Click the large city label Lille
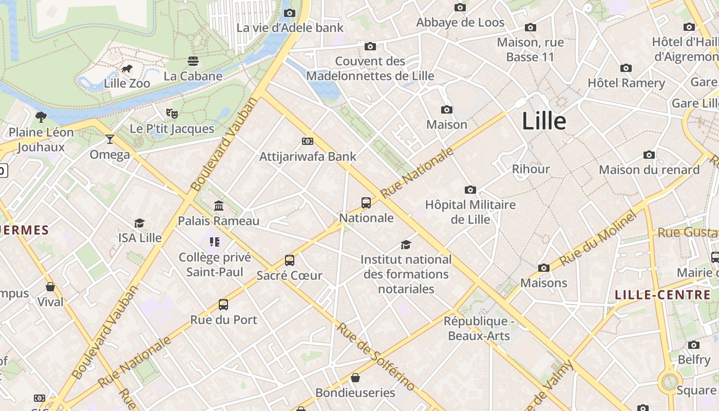point(544,121)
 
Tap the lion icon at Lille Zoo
point(127,68)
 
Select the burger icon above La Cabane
point(193,61)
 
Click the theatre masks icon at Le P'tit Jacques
point(172,113)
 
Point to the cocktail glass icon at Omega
point(109,139)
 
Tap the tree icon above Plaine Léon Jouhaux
point(41,117)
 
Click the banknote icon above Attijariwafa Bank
point(308,141)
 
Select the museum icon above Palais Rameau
point(219,206)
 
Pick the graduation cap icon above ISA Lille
point(140,223)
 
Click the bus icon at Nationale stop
point(366,202)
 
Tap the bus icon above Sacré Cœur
point(290,260)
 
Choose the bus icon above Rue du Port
point(223,304)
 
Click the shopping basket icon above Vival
point(50,287)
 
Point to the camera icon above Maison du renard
point(649,155)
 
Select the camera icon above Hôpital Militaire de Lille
point(470,190)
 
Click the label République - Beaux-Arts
point(479,329)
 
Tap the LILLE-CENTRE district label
point(663,295)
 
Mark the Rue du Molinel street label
point(598,238)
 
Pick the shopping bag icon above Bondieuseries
point(355,378)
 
